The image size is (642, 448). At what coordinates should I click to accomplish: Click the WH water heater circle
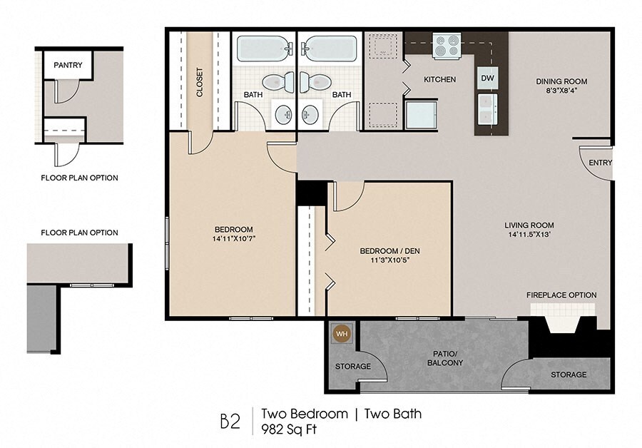342,334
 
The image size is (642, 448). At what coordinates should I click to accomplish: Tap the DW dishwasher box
487,78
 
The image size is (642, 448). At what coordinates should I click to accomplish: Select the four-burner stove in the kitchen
447,46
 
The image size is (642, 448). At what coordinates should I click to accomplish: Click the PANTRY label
68,65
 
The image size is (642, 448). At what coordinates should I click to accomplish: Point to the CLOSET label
200,82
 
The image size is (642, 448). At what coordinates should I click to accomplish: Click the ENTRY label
600,163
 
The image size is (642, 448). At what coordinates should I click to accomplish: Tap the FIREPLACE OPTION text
561,295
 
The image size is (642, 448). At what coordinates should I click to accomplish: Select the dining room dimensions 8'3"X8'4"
561,91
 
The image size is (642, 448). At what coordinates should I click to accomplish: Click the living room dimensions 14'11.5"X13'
529,235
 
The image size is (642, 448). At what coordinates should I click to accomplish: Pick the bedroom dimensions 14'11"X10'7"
234,238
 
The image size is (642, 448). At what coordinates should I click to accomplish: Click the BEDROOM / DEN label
389,250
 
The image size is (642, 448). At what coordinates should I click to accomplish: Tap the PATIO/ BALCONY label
445,358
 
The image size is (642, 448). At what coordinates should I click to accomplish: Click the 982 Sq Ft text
290,429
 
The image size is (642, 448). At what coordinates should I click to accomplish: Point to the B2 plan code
230,422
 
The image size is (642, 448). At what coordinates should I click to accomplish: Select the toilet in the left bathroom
278,82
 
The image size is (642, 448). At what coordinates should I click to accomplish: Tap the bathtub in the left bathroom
265,49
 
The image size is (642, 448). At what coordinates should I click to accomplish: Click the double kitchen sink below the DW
487,108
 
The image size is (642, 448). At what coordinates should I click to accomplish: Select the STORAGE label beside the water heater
353,366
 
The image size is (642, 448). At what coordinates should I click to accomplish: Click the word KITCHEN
439,79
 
